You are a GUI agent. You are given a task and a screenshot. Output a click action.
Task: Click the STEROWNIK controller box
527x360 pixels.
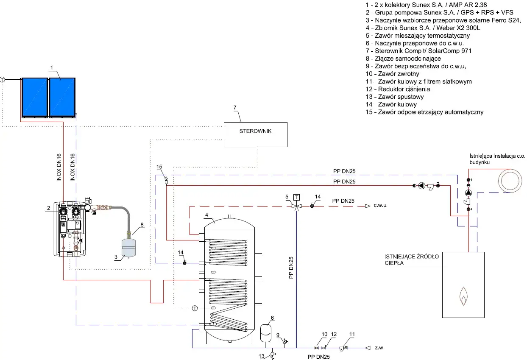pos(256,134)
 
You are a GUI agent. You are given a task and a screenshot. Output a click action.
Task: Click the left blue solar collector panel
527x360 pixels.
pos(35,97)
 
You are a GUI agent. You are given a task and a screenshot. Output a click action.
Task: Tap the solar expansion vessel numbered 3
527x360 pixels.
pos(128,248)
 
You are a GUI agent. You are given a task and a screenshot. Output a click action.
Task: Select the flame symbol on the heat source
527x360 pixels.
pos(463,296)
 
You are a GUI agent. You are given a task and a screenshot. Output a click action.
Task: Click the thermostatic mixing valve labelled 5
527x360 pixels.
pos(296,207)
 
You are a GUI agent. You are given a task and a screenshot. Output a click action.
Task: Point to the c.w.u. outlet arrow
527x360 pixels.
pos(367,206)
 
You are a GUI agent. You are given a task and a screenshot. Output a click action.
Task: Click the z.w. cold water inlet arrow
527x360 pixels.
pos(368,348)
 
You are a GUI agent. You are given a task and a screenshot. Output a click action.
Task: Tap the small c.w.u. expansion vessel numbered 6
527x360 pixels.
pos(265,333)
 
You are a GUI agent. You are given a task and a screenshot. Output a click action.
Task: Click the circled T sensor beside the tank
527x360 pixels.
pos(195,308)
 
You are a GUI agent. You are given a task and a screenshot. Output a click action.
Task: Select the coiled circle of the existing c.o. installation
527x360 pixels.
pos(510,181)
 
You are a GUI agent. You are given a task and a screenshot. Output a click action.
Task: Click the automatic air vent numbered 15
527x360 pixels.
pos(166,180)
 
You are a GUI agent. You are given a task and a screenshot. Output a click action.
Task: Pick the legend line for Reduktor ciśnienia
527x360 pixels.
pos(398,89)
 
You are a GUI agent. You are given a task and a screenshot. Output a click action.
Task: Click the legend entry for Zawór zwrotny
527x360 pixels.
pos(392,74)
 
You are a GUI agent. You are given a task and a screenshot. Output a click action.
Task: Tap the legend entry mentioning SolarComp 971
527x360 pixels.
pos(418,51)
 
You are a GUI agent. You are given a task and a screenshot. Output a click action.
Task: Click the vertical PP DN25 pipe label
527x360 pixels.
pos(291,268)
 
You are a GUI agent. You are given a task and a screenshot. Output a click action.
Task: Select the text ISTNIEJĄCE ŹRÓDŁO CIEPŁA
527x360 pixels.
pos(412,260)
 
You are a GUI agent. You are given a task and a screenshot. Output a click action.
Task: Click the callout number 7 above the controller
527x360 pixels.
pos(235,108)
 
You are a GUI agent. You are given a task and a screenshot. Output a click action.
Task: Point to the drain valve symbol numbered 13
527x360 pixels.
pos(273,355)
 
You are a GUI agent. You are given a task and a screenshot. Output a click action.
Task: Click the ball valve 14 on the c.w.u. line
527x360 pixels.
pos(312,205)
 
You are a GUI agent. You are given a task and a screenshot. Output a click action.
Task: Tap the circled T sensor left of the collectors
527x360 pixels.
pos(3,80)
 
